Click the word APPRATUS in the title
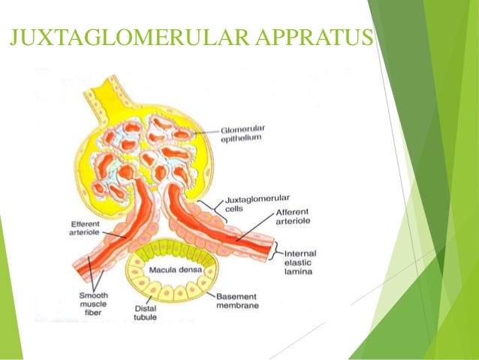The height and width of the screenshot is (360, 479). coord(326,35)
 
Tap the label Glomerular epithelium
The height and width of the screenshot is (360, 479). coord(243,133)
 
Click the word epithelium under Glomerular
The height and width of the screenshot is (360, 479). coord(243,138)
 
